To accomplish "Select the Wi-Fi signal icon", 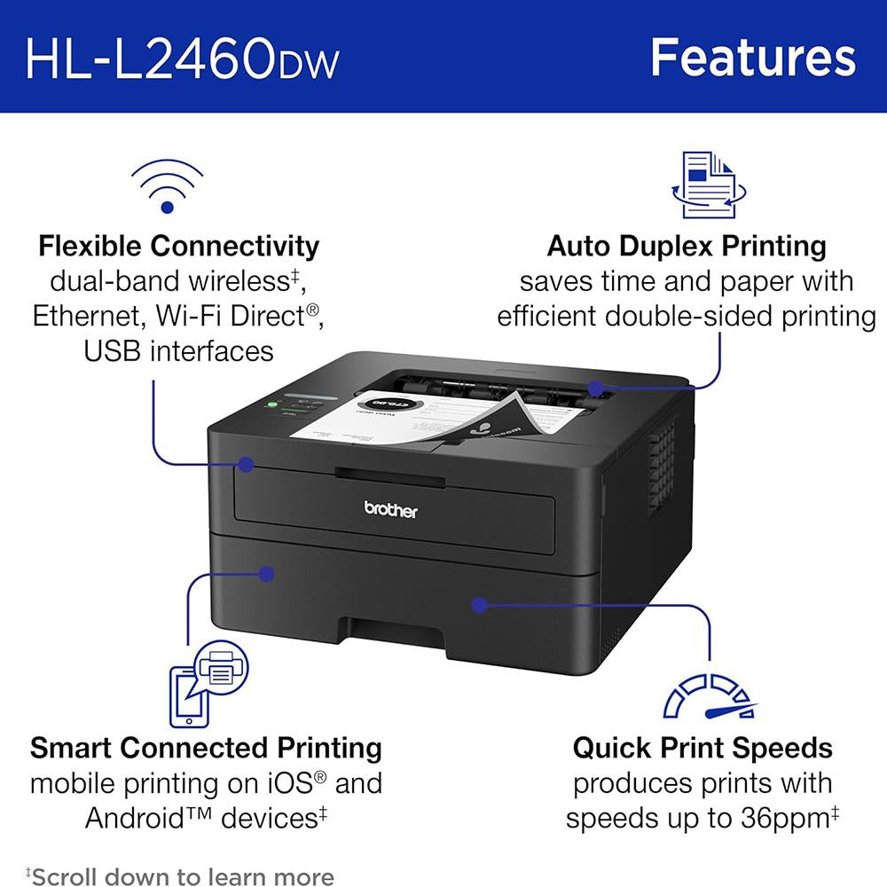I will tap(167, 186).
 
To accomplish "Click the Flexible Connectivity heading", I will tap(179, 245).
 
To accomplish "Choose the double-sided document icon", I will tap(709, 184).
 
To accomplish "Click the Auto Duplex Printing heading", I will tap(687, 245).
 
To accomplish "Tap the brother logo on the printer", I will tap(390, 509).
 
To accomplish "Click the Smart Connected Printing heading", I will tap(206, 748).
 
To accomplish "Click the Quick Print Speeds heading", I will tap(703, 748).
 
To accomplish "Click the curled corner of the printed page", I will tap(506, 412).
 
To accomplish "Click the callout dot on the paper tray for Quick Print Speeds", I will tap(479, 605).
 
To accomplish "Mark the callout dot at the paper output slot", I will tap(596, 388).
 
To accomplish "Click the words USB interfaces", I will tap(179, 351).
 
